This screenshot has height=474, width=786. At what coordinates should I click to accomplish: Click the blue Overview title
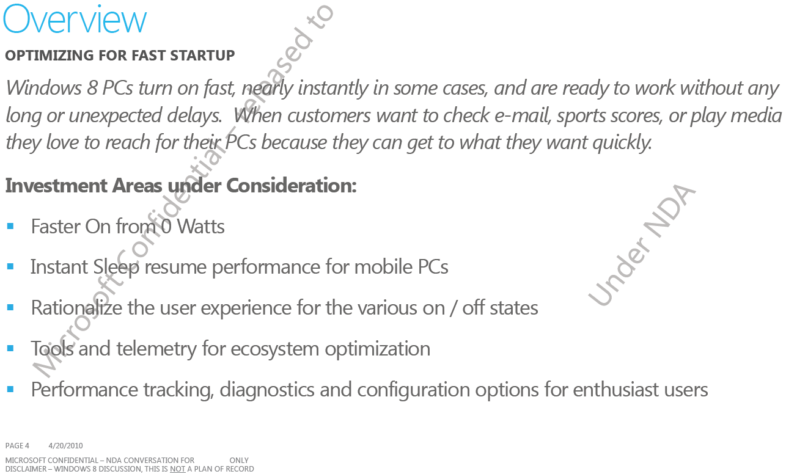click(75, 20)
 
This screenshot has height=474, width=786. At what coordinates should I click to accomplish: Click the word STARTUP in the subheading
click(202, 56)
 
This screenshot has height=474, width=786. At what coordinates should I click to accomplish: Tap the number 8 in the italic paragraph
click(92, 87)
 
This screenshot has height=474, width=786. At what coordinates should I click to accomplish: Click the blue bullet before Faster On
click(10, 227)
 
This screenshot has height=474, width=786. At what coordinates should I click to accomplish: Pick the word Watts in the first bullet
click(200, 227)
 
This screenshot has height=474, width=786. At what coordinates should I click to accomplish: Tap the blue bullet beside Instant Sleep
click(10, 267)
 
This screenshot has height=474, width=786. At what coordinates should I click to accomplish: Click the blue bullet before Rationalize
click(10, 308)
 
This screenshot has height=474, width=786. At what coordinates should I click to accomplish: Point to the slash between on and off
click(454, 308)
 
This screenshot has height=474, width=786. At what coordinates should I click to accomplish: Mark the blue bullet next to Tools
click(10, 349)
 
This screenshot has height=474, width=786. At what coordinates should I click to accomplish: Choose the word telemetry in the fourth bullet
click(156, 349)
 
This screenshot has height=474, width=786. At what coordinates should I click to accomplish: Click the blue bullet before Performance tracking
click(10, 389)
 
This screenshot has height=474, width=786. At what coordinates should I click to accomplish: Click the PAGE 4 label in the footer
click(17, 446)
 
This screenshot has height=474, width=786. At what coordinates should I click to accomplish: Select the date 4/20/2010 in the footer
click(65, 446)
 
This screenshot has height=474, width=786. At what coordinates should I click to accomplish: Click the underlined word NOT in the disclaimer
click(177, 469)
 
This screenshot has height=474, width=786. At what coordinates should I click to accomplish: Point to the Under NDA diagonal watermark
click(641, 245)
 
